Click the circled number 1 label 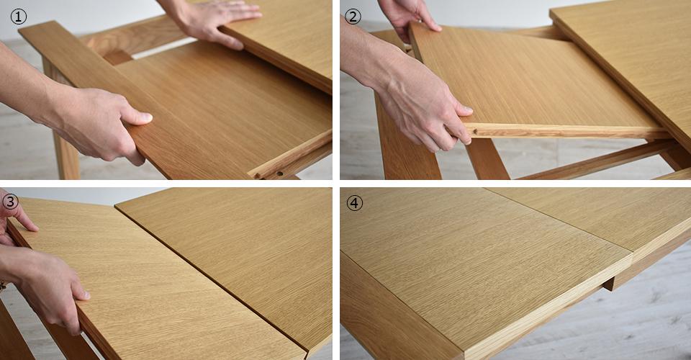tap(18, 17)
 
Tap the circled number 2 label tap(353, 17)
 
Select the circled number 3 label tap(10, 202)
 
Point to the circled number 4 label tap(354, 203)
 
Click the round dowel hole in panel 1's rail tap(280, 174)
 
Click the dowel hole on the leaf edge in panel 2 tap(477, 131)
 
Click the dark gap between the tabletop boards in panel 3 tap(211, 278)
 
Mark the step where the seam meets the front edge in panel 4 tap(633, 258)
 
